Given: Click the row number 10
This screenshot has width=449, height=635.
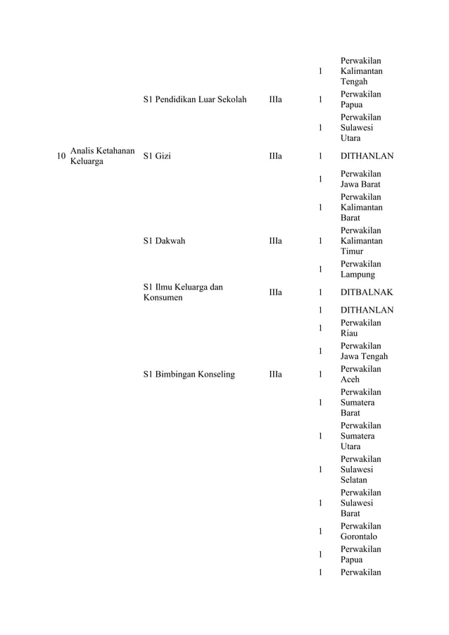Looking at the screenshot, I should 61,156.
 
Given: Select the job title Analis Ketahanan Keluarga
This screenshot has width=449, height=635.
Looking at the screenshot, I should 102,156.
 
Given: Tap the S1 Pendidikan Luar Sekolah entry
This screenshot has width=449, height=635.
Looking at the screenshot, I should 194,100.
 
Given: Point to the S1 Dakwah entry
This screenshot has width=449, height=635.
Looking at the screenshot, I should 164,241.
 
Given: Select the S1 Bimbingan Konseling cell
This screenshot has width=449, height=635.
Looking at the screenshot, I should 189,375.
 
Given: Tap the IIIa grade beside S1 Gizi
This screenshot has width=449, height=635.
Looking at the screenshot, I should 275,156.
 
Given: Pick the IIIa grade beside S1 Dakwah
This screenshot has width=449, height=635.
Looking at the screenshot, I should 275,241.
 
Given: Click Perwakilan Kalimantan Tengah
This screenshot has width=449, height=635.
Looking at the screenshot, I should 361,72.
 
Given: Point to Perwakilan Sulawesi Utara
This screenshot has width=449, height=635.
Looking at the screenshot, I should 360,128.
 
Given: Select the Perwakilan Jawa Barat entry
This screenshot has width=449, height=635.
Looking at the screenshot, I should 360,180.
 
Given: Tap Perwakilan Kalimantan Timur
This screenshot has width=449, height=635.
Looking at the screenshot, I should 361,241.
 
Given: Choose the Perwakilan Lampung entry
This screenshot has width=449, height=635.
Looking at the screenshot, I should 360,269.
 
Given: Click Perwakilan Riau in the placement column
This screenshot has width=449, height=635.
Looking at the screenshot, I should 360,328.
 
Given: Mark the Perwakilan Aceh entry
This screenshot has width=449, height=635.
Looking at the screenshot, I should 360,375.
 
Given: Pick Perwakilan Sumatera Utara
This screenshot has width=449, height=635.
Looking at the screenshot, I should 360,436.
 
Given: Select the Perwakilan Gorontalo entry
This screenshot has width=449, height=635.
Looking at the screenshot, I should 360,532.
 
